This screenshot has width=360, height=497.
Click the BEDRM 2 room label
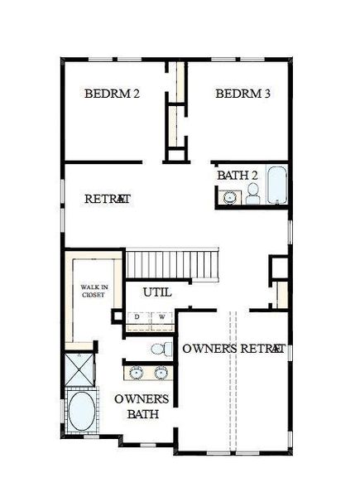tap(112, 94)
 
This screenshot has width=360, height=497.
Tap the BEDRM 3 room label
tap(242, 94)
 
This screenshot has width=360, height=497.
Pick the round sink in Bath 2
tap(228, 197)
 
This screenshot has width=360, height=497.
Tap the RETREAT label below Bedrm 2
tap(108, 199)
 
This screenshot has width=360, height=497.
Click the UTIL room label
tap(157, 292)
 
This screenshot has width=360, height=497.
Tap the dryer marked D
tap(138, 317)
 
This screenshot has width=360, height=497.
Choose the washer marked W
tap(162, 317)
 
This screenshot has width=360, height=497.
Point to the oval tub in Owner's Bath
tap(81, 412)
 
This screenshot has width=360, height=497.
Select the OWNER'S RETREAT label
tap(234, 349)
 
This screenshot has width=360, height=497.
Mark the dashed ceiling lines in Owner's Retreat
tap(233, 389)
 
